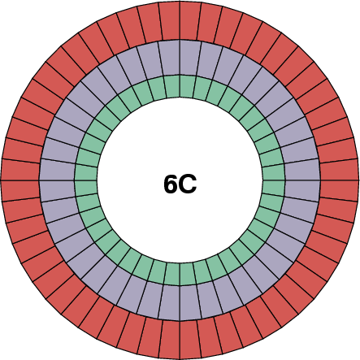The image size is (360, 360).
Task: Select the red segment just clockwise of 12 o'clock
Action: coord(191,20)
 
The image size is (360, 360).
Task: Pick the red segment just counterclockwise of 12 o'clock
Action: coord(169,20)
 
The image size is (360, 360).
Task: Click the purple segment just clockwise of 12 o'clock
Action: coord(190,58)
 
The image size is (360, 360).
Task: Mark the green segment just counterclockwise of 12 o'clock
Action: coord(173,86)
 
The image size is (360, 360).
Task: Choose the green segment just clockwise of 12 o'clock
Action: coord(187,86)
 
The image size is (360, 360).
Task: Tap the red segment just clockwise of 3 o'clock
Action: coord(339,191)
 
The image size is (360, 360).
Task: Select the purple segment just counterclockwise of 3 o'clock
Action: coord(302,170)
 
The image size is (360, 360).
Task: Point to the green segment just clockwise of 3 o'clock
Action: coord(274,187)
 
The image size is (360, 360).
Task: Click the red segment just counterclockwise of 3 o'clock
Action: coord(339,169)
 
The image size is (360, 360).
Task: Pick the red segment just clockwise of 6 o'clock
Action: coord(169,339)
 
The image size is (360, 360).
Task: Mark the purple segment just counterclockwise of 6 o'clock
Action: coord(190,302)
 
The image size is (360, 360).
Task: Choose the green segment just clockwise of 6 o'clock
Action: coord(173,274)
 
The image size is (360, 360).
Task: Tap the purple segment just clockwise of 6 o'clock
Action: coord(170,302)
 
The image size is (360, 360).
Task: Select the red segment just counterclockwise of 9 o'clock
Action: coord(20,191)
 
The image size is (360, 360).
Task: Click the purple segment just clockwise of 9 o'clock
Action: coord(58,170)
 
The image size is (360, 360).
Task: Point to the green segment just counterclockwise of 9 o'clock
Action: coord(86,187)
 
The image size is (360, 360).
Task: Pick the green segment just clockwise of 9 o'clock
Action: coord(86,173)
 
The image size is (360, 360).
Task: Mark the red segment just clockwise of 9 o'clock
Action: coord(20,169)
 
